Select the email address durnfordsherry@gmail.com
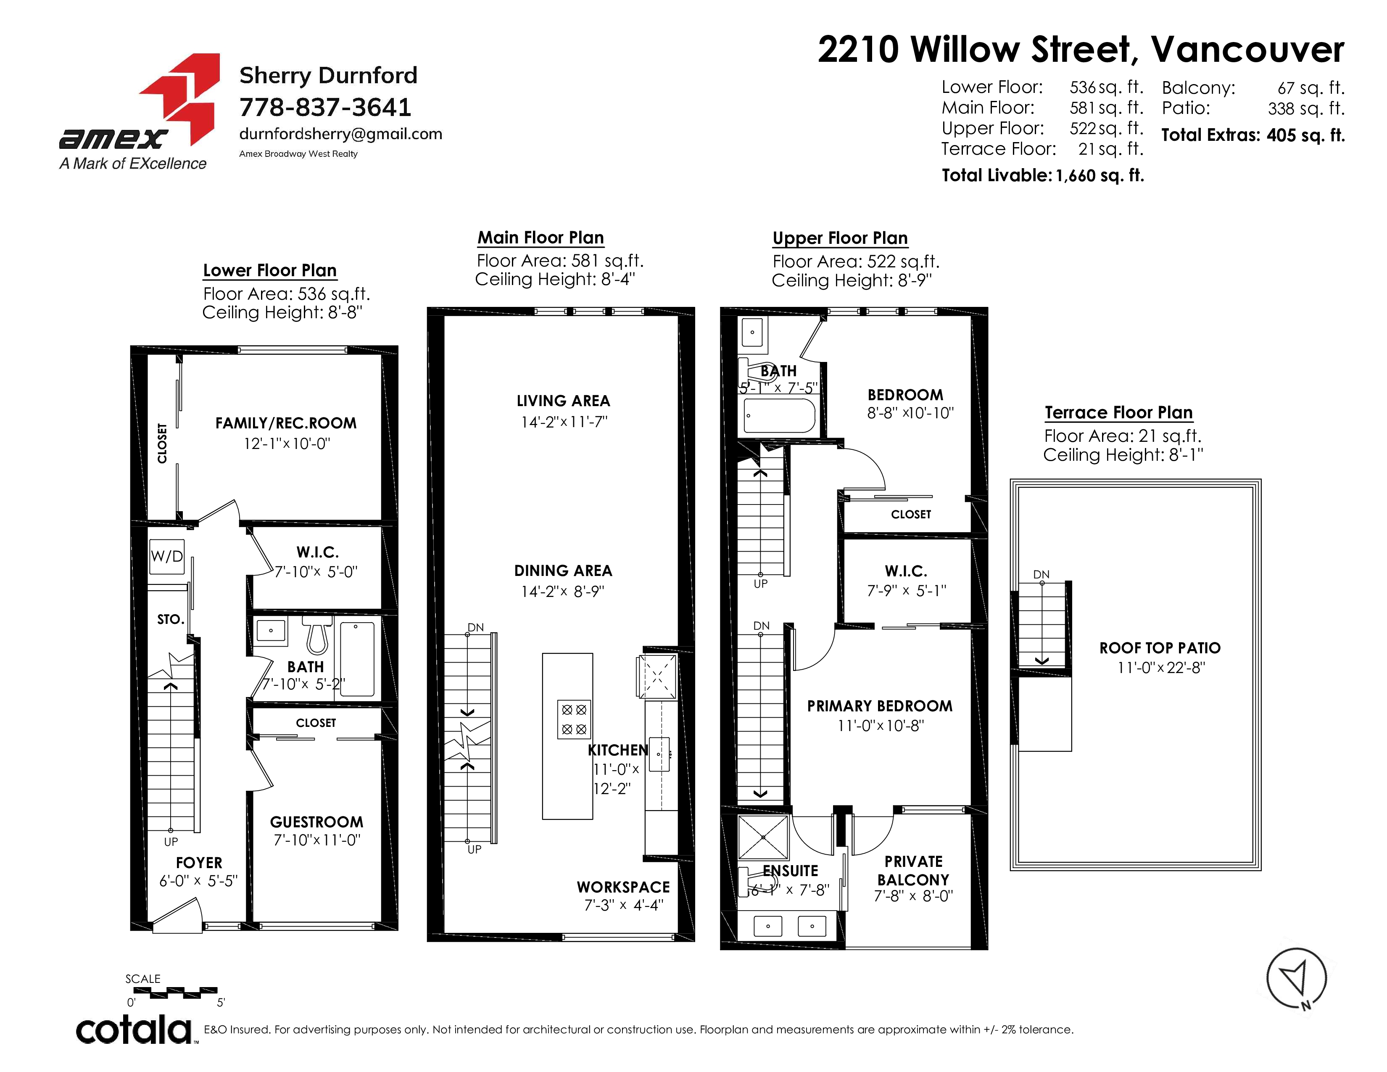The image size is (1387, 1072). (340, 134)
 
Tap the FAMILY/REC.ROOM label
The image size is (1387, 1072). (286, 423)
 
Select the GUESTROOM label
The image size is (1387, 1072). (316, 822)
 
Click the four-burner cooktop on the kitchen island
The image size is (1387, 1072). (573, 719)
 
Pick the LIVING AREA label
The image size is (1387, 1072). (563, 401)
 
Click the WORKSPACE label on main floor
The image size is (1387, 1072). (623, 887)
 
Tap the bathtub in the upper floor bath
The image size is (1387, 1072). (779, 416)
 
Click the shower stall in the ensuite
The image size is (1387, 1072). (763, 837)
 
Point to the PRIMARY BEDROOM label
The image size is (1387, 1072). (880, 706)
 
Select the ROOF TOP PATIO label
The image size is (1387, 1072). (1160, 648)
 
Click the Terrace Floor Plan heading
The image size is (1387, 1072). (1118, 413)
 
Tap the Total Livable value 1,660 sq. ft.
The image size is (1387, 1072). (1100, 176)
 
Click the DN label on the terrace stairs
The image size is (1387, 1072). (1041, 575)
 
